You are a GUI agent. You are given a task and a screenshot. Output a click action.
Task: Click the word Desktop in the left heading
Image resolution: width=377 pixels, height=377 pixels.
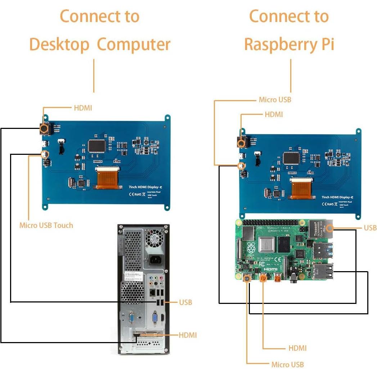pyautogui.click(x=59, y=45)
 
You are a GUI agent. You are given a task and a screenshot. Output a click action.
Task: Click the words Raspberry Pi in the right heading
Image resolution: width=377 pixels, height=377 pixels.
pyautogui.click(x=289, y=45)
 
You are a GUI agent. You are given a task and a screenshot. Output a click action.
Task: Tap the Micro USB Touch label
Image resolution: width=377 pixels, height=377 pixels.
pyautogui.click(x=46, y=225)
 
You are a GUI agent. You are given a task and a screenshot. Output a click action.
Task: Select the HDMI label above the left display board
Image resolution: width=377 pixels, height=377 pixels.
pyautogui.click(x=83, y=108)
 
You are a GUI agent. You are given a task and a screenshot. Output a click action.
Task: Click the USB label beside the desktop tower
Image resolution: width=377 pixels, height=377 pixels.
pyautogui.click(x=185, y=302)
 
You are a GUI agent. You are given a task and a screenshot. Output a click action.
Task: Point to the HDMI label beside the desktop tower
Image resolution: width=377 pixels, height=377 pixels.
pyautogui.click(x=188, y=335)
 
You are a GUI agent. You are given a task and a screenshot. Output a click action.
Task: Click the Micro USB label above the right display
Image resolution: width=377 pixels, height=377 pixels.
pyautogui.click(x=275, y=100)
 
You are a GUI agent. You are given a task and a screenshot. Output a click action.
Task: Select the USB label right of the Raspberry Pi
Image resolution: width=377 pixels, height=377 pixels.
pyautogui.click(x=370, y=228)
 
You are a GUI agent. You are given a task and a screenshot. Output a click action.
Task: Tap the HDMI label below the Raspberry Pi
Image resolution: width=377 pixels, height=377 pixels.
pyautogui.click(x=297, y=348)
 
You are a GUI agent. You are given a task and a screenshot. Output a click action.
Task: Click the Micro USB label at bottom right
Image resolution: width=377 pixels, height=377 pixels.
pyautogui.click(x=287, y=364)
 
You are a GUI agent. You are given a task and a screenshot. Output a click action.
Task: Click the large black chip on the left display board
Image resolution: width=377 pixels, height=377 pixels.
pyautogui.click(x=97, y=145)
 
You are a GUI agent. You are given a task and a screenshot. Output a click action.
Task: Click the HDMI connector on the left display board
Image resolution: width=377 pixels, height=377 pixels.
pyautogui.click(x=44, y=128)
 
